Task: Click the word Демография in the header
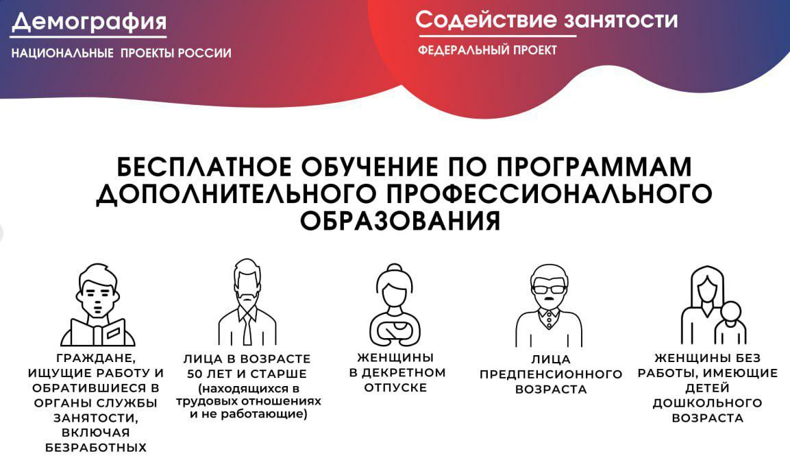[x=89, y=22]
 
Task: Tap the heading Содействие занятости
[x=546, y=19]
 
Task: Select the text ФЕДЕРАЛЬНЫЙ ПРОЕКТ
[x=487, y=50]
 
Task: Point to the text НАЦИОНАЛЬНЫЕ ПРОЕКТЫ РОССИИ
[x=121, y=53]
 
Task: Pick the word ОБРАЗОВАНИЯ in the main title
[x=400, y=221]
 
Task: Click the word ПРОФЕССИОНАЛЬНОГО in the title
[x=545, y=194]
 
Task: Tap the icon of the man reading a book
[x=98, y=306]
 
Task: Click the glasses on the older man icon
[x=549, y=289]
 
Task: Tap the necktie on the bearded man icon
[x=247, y=329]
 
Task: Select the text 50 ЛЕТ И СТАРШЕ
[x=247, y=374]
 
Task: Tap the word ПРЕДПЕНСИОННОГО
[x=550, y=374]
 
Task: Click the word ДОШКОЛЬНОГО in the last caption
[x=707, y=403]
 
